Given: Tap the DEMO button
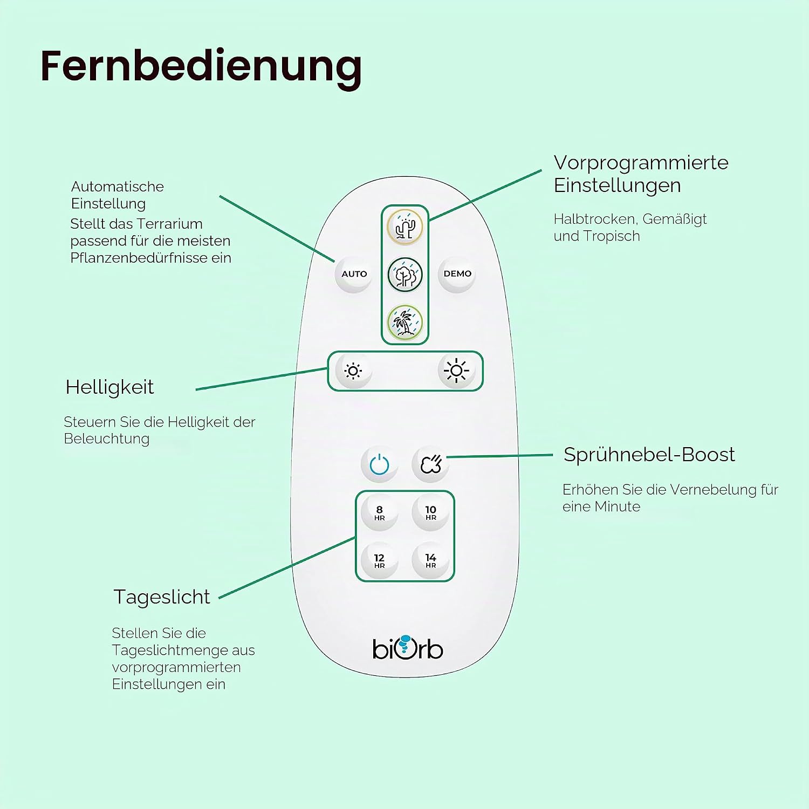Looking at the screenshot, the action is click(x=457, y=274).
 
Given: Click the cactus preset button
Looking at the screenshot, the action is click(x=405, y=227).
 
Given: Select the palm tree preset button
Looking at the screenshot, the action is click(x=405, y=323).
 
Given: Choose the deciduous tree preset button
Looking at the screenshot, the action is click(x=405, y=275).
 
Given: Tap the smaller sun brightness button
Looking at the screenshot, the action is click(x=353, y=371).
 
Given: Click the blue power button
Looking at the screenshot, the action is click(x=380, y=464).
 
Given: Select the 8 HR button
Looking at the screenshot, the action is click(x=380, y=513).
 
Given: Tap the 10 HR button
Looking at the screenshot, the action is click(x=431, y=513).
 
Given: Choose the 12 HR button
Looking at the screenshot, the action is click(x=380, y=561).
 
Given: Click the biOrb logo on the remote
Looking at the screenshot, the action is click(x=408, y=648).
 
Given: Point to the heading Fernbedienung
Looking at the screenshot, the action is click(x=201, y=67).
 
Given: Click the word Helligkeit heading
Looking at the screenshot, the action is click(x=109, y=387).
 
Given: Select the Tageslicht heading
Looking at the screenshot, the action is click(x=162, y=598).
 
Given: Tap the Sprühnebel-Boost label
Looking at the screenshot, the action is click(x=649, y=455).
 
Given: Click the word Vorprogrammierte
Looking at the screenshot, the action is click(x=641, y=162).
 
